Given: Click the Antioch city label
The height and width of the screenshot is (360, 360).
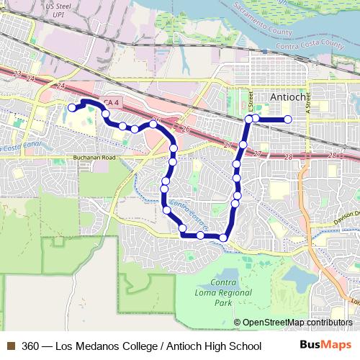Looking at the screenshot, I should pos(289,97).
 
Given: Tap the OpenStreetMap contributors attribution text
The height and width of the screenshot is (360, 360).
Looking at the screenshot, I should pos(297,323).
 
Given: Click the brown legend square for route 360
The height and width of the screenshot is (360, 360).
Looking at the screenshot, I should pos(10,346).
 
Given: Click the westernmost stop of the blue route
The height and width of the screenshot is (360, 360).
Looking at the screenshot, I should pos(71,108).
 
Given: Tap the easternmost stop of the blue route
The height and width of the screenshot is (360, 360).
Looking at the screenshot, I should pos(288,119).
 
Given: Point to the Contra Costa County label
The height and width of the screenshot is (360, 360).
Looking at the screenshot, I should pos(306,45).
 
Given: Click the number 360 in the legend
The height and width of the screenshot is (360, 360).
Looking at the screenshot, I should pos(31,346).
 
